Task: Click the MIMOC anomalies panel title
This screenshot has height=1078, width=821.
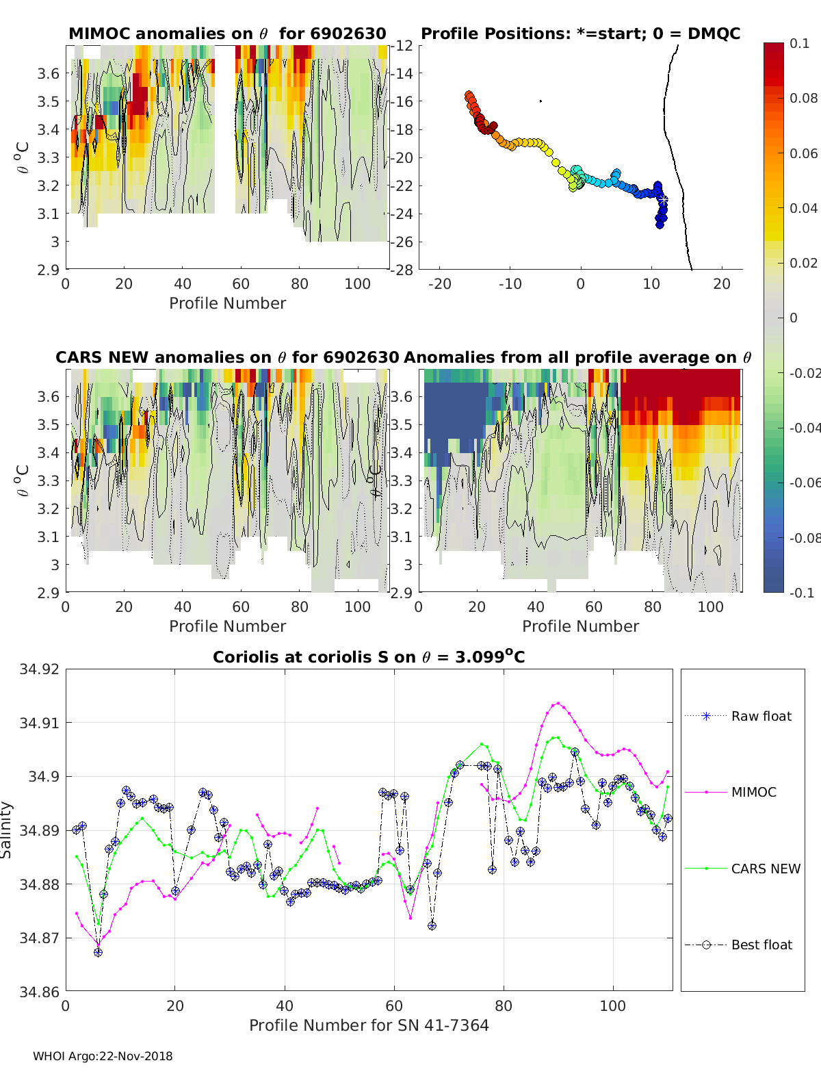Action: point(227,34)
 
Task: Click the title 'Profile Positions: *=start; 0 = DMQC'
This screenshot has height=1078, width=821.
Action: point(580,34)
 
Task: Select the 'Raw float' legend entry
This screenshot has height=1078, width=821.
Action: point(761,716)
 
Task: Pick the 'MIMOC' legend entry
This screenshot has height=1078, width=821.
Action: point(753,792)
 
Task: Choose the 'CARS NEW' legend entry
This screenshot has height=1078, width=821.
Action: point(765,869)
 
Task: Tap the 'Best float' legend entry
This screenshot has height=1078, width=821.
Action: point(761,945)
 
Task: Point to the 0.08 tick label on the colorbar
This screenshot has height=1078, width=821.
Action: point(803,98)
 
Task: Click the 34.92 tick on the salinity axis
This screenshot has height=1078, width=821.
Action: point(40,669)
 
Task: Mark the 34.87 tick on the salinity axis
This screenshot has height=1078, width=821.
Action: point(40,938)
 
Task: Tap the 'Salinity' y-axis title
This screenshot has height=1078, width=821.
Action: point(7,830)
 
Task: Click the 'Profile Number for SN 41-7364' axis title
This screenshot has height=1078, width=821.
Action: point(369,1025)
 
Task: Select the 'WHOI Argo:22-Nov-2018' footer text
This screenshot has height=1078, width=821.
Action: point(103,1056)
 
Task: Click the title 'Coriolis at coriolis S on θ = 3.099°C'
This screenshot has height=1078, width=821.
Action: point(369,657)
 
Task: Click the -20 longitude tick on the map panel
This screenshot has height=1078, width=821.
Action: point(439,284)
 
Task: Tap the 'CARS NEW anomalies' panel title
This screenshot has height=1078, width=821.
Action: point(227,357)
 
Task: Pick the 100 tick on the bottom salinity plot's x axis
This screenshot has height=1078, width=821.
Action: point(612,1005)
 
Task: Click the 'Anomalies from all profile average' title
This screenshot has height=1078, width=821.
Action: point(577,357)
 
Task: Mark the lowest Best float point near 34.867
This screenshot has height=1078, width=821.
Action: point(98,952)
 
